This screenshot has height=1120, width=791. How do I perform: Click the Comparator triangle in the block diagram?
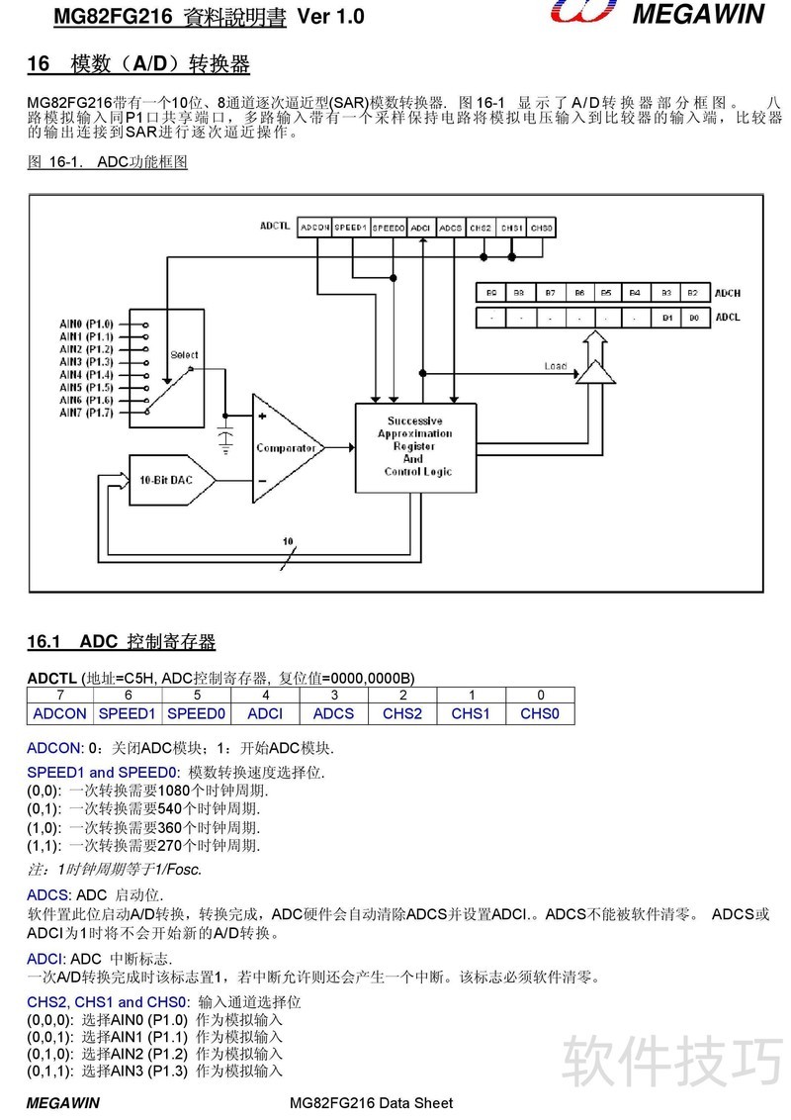286,448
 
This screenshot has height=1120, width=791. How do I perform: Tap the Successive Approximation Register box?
415,448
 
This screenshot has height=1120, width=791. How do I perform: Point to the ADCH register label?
728,293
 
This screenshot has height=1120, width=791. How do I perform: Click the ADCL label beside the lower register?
728,318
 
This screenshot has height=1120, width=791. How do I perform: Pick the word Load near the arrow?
556,366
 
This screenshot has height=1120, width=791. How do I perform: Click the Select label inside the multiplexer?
184,355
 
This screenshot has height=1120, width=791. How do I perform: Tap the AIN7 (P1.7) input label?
86,413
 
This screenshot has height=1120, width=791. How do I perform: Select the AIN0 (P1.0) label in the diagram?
86,325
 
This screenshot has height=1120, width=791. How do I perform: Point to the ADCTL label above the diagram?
275,226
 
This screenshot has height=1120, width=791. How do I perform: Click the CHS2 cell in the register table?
402,713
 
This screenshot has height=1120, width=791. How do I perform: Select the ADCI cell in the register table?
265,713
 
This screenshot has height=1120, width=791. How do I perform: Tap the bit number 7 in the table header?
60,695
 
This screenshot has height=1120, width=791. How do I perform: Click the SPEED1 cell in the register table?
128,713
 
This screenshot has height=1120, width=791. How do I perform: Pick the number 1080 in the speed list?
173,791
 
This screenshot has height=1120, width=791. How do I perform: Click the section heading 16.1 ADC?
122,641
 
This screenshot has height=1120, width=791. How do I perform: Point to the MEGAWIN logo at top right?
657,13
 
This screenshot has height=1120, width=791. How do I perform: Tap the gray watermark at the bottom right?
672,1063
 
